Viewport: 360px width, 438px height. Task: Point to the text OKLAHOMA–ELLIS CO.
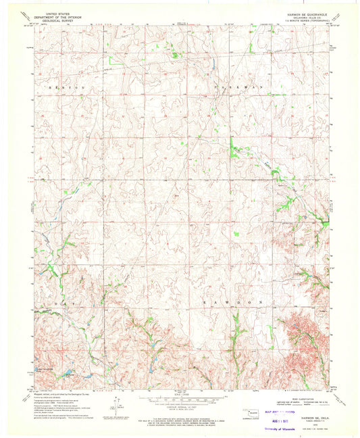tap(305, 16)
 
